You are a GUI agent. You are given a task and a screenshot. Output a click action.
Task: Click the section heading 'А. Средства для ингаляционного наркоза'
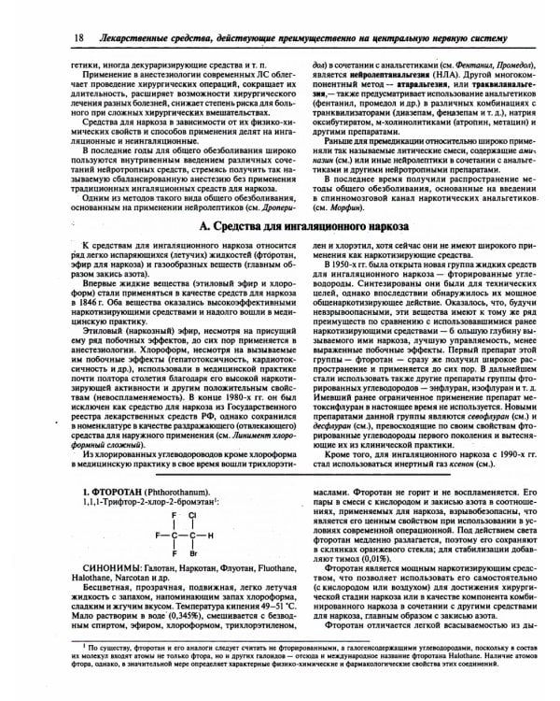280,227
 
